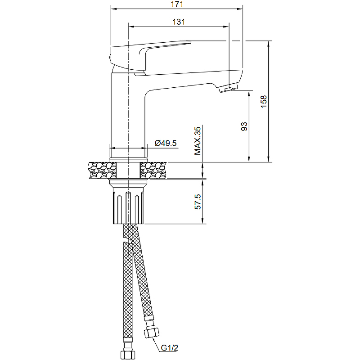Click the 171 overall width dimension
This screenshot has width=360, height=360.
tap(177, 4)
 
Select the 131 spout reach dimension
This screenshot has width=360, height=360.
tap(179, 22)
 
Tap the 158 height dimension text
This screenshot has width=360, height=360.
tap(264, 101)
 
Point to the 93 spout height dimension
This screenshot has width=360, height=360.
tap(244, 126)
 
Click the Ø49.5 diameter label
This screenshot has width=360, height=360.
tap(166, 143)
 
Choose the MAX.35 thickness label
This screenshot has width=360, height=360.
tap(198, 141)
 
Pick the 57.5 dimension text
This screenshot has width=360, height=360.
tap(198, 202)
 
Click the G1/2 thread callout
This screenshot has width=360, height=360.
tap(170, 348)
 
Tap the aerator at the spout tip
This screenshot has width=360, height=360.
tap(229, 88)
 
